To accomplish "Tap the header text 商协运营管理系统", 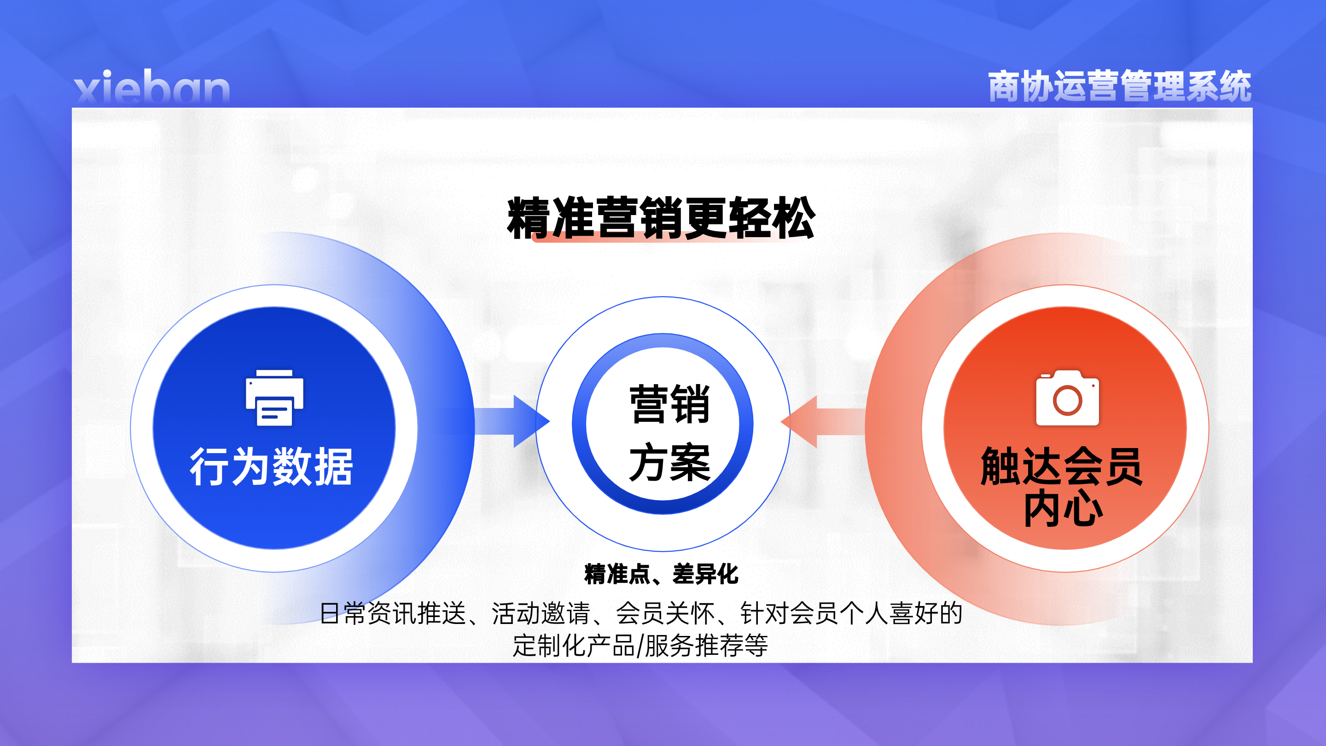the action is click(x=1120, y=86).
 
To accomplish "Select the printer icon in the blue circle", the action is click(x=274, y=397).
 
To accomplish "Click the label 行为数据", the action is click(x=272, y=466).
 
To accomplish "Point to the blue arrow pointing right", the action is click(x=512, y=422).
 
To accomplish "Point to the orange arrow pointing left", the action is click(x=823, y=422).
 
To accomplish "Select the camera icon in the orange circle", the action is click(x=1067, y=397).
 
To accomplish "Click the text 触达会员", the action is click(x=1061, y=466).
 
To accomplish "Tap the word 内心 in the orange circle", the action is click(x=1063, y=507).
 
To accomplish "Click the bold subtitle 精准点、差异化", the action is click(x=662, y=574).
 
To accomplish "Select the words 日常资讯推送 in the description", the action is click(x=393, y=613).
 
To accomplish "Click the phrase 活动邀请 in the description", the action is click(x=541, y=613).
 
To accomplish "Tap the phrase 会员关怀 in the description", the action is click(x=665, y=613).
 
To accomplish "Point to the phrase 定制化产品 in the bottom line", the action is click(x=574, y=645).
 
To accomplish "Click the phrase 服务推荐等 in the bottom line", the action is click(x=706, y=645).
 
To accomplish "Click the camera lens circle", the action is click(x=1067, y=401).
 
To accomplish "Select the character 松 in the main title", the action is click(x=793, y=218).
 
